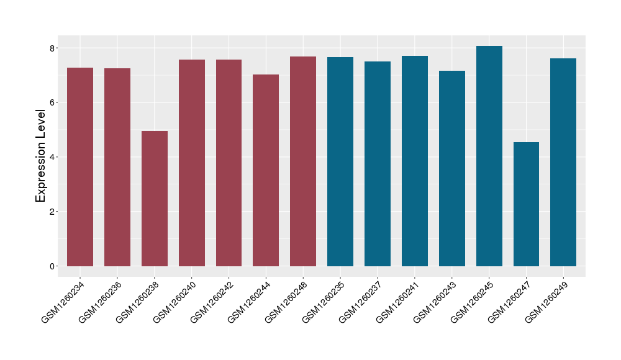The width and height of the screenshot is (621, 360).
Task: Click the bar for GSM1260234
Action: pyautogui.click(x=80, y=167)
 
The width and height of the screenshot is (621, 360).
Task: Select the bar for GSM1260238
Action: pyautogui.click(x=155, y=199)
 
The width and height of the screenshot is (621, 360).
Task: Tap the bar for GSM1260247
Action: pyautogui.click(x=526, y=204)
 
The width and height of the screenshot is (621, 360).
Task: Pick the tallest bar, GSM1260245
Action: pyautogui.click(x=489, y=156)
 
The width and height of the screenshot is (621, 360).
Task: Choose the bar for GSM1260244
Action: pyautogui.click(x=266, y=170)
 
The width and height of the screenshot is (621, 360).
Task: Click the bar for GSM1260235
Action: pyautogui.click(x=340, y=161)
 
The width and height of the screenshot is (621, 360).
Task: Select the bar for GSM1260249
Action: pyautogui.click(x=563, y=162)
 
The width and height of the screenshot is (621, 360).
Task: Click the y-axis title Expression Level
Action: pyautogui.click(x=41, y=156)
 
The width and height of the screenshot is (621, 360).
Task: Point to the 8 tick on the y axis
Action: pyautogui.click(x=53, y=48)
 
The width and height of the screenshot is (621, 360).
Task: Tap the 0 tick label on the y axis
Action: pyautogui.click(x=53, y=266)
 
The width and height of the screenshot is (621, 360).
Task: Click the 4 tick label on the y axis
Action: pyautogui.click(x=53, y=157)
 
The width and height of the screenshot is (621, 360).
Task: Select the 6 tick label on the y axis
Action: pyautogui.click(x=53, y=102)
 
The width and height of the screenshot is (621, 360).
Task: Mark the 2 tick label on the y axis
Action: pyautogui.click(x=53, y=212)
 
